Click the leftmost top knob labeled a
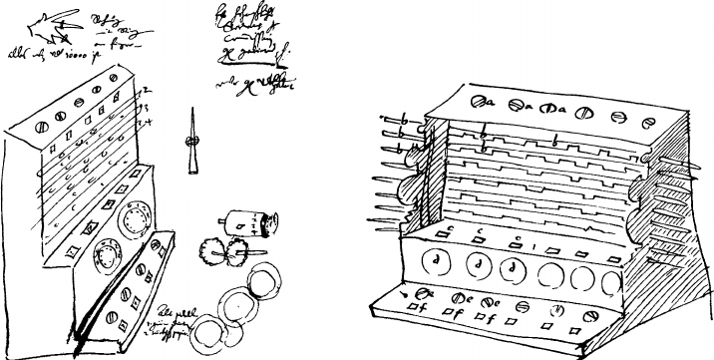480,101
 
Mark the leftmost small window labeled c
441,235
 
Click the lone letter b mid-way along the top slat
555,144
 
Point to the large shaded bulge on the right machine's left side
412,192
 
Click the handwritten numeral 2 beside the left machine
145,92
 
